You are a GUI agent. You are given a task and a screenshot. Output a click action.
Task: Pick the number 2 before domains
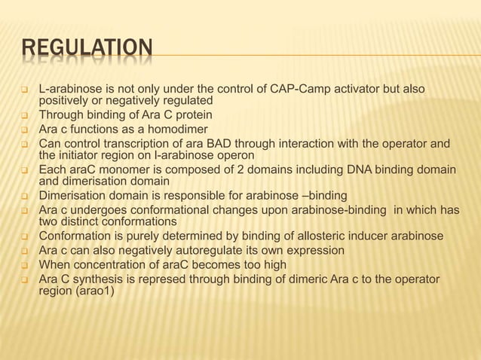(223, 169)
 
